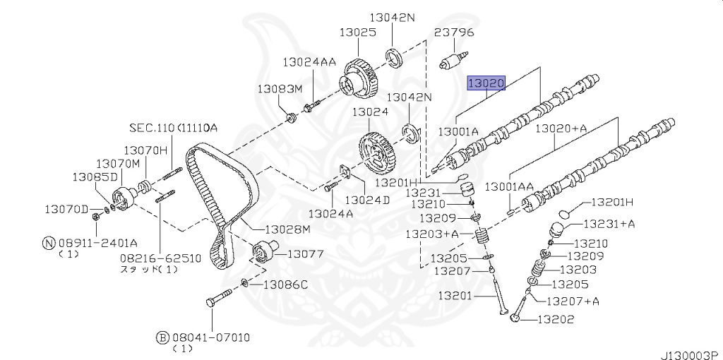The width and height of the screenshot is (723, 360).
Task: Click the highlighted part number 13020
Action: (486, 83)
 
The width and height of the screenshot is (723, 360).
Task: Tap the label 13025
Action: (358, 32)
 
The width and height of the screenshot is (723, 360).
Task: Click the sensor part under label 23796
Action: (454, 61)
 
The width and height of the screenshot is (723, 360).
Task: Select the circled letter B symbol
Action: (163, 338)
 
